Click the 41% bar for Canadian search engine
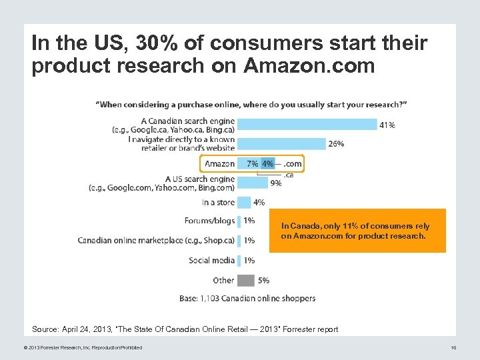point(307,124)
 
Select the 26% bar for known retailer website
point(281,143)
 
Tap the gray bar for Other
point(245,280)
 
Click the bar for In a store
point(243,202)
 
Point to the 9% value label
point(275,183)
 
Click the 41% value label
point(387,125)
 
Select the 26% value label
point(336,143)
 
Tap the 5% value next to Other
point(263,281)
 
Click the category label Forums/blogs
point(209,221)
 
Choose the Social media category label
point(211,260)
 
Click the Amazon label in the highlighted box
point(219,163)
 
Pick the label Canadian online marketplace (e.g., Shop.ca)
point(156,240)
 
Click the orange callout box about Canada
point(357,231)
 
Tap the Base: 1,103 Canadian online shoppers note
point(247,298)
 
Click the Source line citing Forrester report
point(185,329)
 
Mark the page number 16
point(453,347)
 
